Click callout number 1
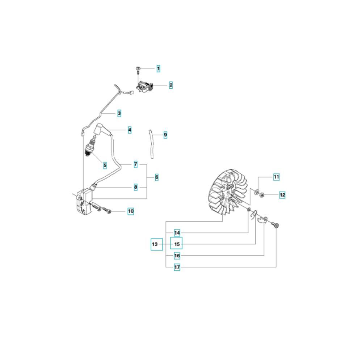click(x=159, y=68)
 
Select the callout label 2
click(x=171, y=85)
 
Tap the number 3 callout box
click(x=119, y=113)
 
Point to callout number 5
click(x=105, y=165)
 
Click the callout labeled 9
click(x=165, y=135)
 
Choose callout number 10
click(x=131, y=211)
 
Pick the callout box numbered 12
click(x=282, y=195)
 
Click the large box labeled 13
click(x=157, y=244)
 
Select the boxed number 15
click(x=176, y=243)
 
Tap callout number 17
click(x=177, y=267)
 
